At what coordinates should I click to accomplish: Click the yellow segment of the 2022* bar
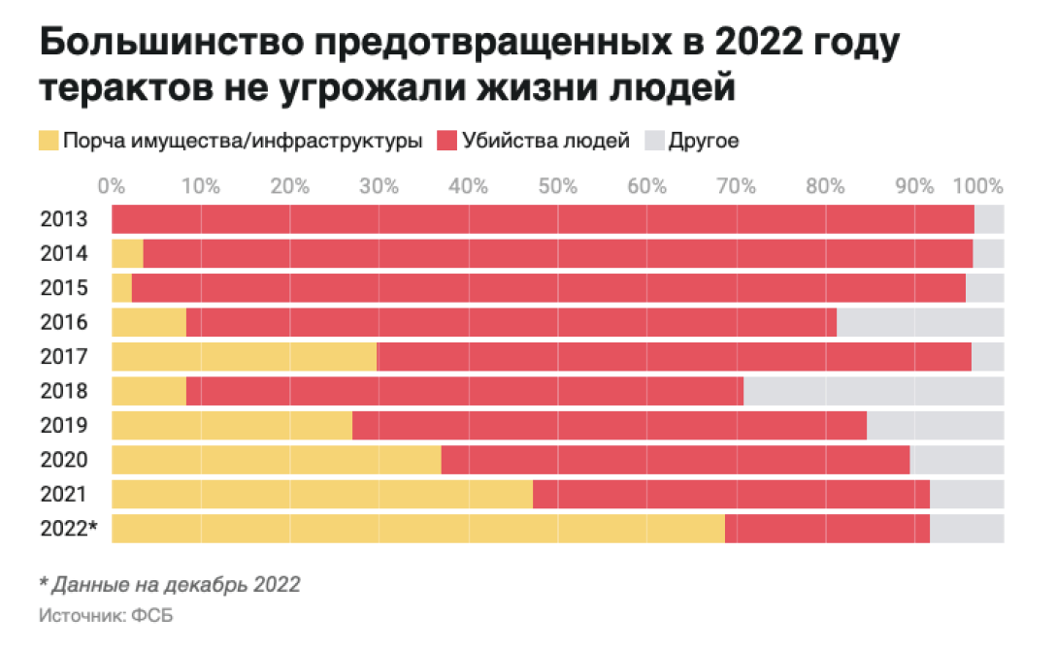418,529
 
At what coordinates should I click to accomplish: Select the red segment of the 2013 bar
543,219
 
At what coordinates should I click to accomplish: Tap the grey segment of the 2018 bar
874,391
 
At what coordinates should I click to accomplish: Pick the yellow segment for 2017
244,357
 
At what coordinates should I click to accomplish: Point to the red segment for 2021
731,495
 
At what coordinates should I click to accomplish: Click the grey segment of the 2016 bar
920,322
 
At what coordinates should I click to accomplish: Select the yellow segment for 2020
277,460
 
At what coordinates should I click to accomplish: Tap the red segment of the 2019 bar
609,426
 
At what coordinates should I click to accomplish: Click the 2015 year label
64,288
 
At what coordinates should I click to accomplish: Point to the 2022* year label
68,529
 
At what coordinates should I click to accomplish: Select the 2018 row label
64,391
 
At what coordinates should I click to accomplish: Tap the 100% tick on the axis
981,185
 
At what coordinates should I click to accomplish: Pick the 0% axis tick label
113,185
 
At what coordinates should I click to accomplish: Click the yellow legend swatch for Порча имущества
49,141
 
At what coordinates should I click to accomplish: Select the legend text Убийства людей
546,141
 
